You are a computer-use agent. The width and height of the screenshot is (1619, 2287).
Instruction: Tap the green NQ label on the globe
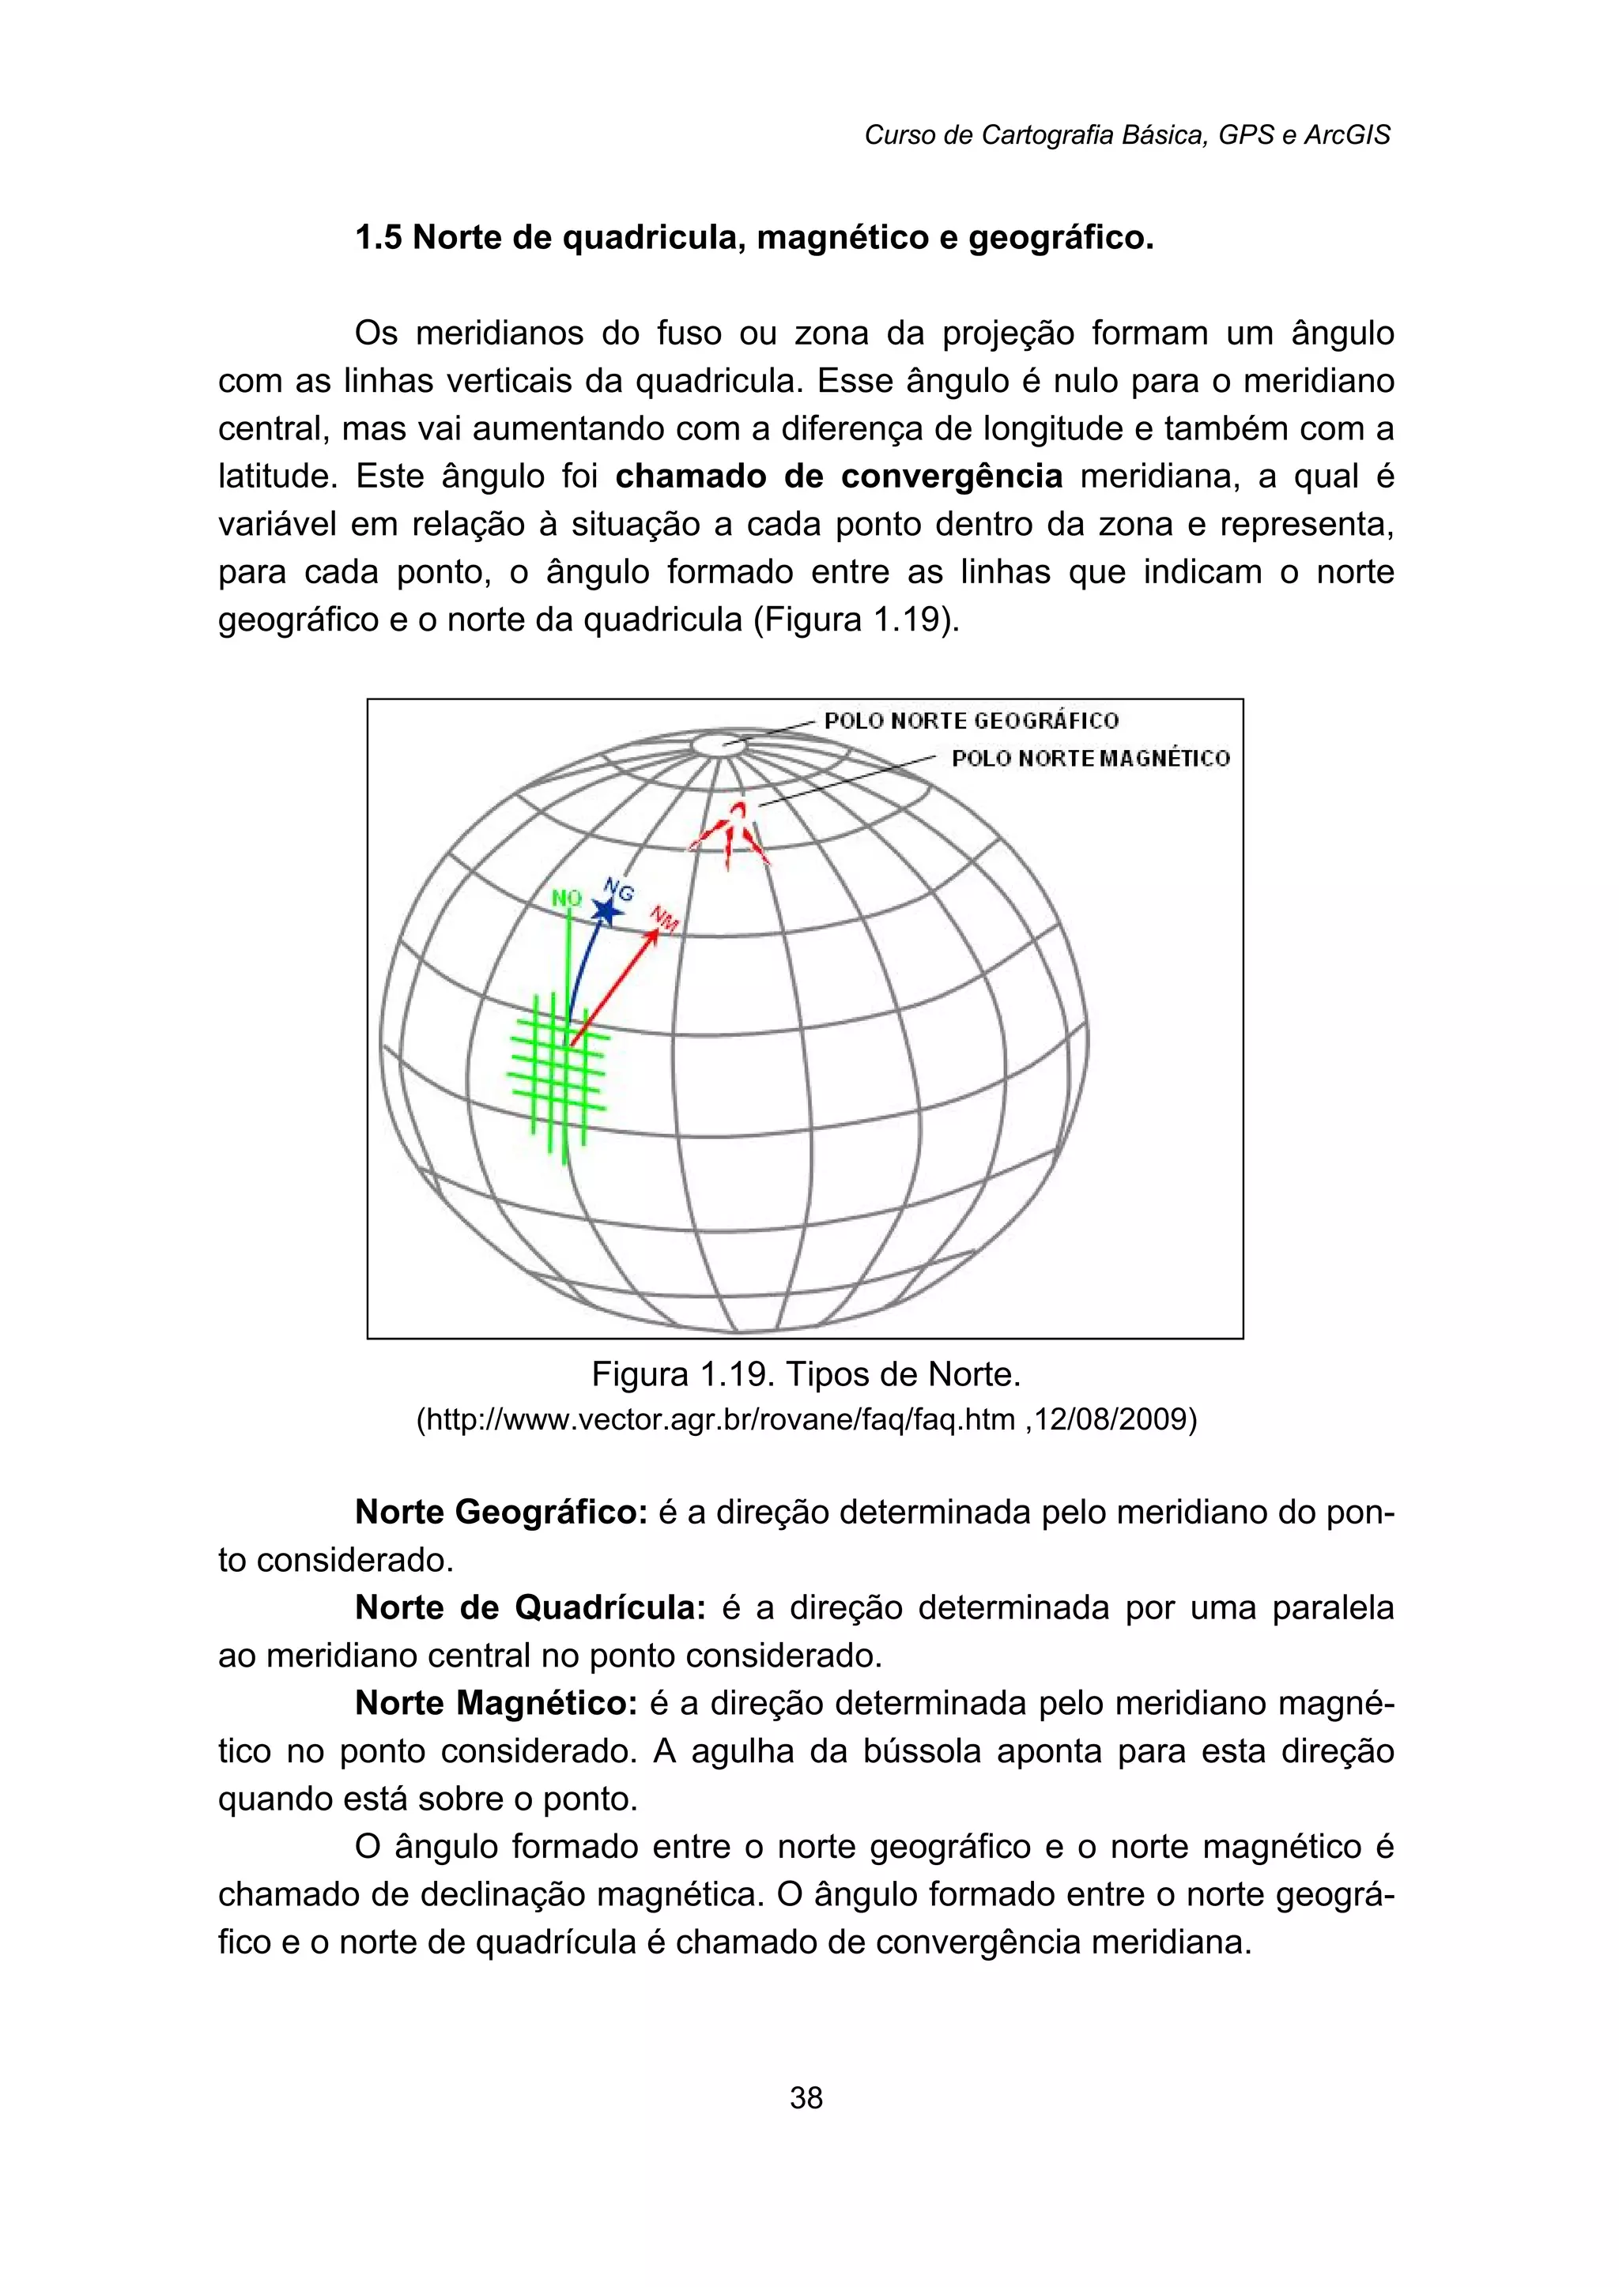tap(566, 898)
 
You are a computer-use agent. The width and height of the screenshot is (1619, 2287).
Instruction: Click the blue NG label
tap(619, 889)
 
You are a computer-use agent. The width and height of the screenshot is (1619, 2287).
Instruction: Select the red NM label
tap(665, 919)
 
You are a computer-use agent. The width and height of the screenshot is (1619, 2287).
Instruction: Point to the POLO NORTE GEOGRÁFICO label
tap(971, 721)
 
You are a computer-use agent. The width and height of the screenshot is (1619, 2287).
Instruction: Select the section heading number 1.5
tap(379, 238)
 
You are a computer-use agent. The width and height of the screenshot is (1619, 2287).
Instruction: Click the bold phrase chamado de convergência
tap(839, 477)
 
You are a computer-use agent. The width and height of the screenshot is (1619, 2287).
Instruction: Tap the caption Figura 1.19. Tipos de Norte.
tap(806, 1375)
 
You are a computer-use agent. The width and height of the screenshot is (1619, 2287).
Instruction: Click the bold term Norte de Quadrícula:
tap(530, 1608)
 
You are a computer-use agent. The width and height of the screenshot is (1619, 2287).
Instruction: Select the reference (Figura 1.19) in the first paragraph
tap(856, 620)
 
